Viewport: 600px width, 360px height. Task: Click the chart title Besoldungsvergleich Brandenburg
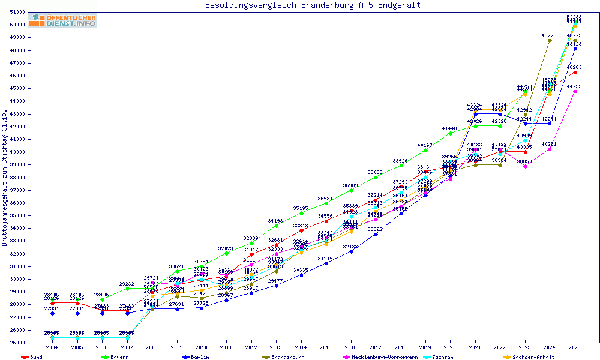click(313, 5)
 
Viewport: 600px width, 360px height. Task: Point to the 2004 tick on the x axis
click(52, 347)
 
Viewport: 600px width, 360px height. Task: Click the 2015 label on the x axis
click(326, 347)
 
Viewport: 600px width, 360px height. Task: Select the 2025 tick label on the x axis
click(575, 347)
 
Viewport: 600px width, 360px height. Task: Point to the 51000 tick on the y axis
click(18, 12)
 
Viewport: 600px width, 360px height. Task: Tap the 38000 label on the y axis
click(18, 177)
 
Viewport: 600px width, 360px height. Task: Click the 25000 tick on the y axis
click(18, 343)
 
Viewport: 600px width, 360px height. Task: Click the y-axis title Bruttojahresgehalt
click(5, 178)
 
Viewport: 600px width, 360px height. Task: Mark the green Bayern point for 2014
click(301, 213)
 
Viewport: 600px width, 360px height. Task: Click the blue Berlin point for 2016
click(351, 251)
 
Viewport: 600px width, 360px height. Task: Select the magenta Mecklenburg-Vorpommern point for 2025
click(575, 92)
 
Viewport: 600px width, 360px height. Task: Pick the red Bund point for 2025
click(575, 72)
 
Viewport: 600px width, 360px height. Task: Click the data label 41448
click(450, 128)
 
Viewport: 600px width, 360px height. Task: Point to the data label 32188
click(351, 247)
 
